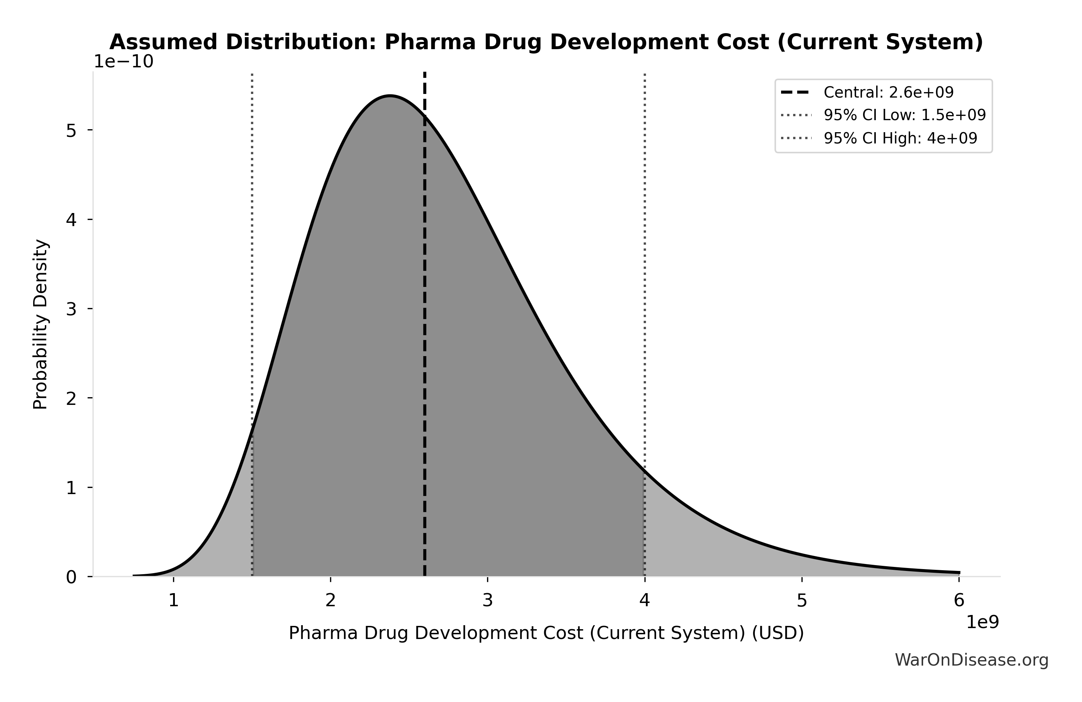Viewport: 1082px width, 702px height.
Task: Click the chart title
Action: point(546,42)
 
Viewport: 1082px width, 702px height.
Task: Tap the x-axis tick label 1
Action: point(173,601)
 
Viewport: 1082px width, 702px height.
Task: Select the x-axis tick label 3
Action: point(487,601)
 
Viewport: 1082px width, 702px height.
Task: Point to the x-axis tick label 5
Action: point(801,601)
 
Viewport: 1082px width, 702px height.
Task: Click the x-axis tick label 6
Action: point(959,601)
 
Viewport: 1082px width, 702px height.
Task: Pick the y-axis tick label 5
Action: point(71,131)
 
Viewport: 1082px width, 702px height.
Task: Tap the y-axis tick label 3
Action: point(71,309)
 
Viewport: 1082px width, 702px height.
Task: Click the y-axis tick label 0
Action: point(71,577)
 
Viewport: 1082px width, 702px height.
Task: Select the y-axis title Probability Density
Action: point(41,324)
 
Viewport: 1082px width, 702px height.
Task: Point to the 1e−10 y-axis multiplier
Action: point(123,62)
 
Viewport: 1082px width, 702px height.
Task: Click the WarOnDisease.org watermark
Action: point(972,660)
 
